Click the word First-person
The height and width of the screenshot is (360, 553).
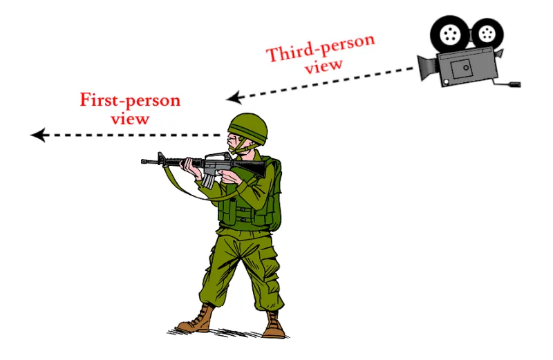point(130,100)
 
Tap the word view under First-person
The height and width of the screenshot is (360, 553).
point(130,118)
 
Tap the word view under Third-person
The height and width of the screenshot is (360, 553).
point(324,66)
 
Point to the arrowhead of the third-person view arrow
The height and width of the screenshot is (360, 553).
point(234,97)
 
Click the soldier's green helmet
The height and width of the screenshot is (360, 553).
point(247,128)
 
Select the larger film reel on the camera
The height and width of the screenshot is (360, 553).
point(450,34)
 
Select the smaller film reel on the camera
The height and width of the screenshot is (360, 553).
point(487,34)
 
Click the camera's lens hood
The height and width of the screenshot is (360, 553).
point(427,67)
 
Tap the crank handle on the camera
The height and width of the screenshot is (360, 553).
point(507,84)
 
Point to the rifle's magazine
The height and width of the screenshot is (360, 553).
point(208,179)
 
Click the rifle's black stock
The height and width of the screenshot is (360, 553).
point(250,169)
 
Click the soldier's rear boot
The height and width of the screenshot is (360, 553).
point(274,324)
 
